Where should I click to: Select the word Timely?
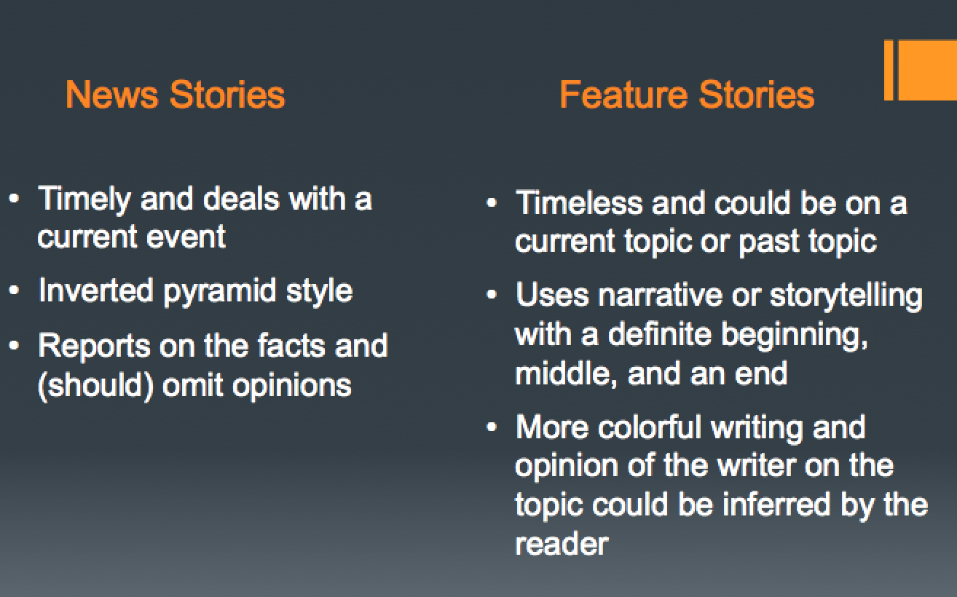point(83,199)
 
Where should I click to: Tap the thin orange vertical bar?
point(889,70)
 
